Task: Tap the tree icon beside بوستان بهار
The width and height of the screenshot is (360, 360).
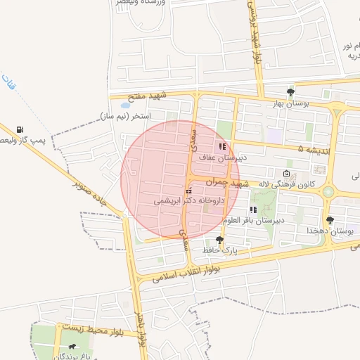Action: pos(291,92)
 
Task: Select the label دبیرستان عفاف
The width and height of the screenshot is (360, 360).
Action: pos(223,157)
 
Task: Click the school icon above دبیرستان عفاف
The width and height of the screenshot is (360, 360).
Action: pos(223,146)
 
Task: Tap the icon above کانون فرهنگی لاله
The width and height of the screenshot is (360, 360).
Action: pos(286,173)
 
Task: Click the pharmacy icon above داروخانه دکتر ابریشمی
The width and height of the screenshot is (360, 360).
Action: pos(188,191)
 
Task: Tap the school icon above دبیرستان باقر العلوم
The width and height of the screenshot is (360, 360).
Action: pos(253,210)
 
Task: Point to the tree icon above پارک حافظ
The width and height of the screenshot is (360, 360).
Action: pos(219,240)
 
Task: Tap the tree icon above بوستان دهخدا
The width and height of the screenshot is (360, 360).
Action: pos(330,220)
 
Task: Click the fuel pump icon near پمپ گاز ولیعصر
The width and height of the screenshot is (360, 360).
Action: pos(19,130)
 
